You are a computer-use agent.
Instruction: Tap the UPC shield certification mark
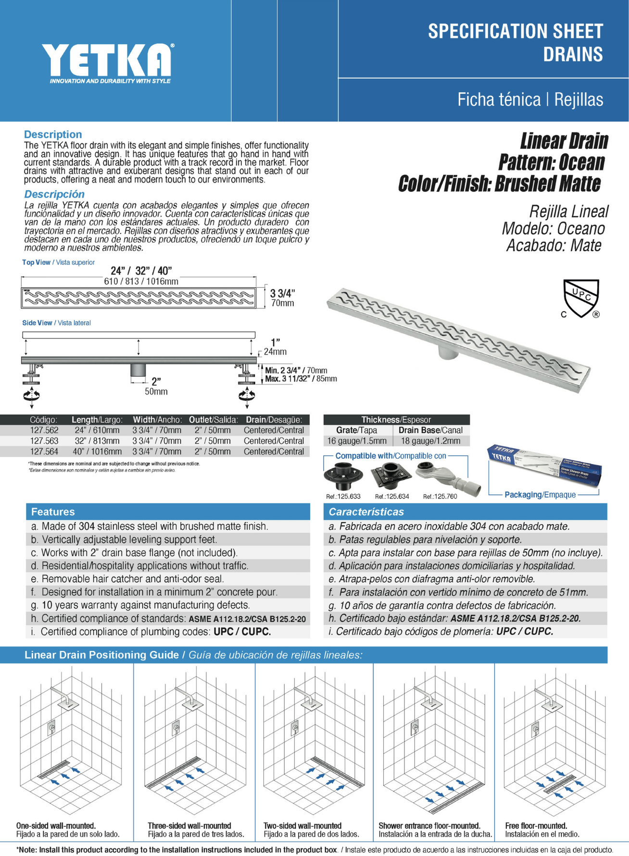click(x=581, y=298)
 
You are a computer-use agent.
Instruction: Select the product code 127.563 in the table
click(x=44, y=441)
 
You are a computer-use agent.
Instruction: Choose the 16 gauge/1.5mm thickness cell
click(x=357, y=441)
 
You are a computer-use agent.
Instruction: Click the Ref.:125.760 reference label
click(x=440, y=497)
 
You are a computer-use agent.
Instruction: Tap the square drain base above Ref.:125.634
click(x=391, y=476)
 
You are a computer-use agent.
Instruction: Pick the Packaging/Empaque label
click(x=540, y=495)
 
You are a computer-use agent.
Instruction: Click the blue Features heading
click(x=53, y=512)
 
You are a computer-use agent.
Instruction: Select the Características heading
click(x=366, y=512)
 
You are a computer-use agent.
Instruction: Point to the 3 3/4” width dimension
click(x=282, y=293)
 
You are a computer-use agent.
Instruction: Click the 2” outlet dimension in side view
click(x=156, y=381)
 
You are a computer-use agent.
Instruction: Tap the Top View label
click(x=36, y=262)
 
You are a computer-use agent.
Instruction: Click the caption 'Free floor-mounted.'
click(x=536, y=826)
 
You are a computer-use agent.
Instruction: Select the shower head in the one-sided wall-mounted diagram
click(x=68, y=704)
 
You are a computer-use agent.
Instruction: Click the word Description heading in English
click(x=53, y=135)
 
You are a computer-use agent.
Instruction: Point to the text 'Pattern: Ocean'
click(x=551, y=162)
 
